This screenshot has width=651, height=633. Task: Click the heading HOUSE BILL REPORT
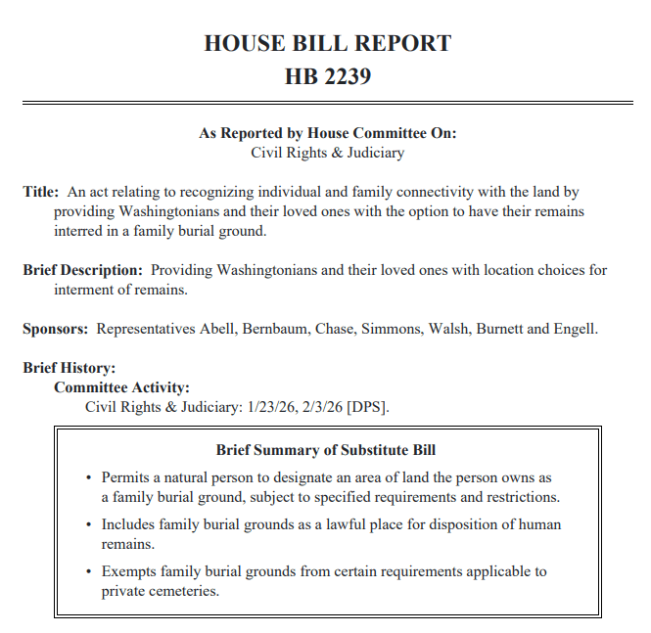[x=327, y=43]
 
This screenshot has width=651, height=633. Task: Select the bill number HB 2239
[x=327, y=76]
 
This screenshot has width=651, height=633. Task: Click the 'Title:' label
[x=41, y=192]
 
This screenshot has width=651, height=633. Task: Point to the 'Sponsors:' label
[x=56, y=329]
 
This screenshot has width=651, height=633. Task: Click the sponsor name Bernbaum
[x=276, y=329]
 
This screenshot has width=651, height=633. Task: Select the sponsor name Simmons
[x=394, y=329]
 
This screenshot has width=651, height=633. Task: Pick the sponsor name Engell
[x=575, y=329]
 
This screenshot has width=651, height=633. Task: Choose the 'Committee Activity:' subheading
[x=121, y=387]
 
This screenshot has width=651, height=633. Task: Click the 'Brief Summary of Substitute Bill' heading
[x=326, y=450]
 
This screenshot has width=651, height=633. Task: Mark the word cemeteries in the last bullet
[x=185, y=591]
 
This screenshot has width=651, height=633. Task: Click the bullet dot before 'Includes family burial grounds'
[x=87, y=525]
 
